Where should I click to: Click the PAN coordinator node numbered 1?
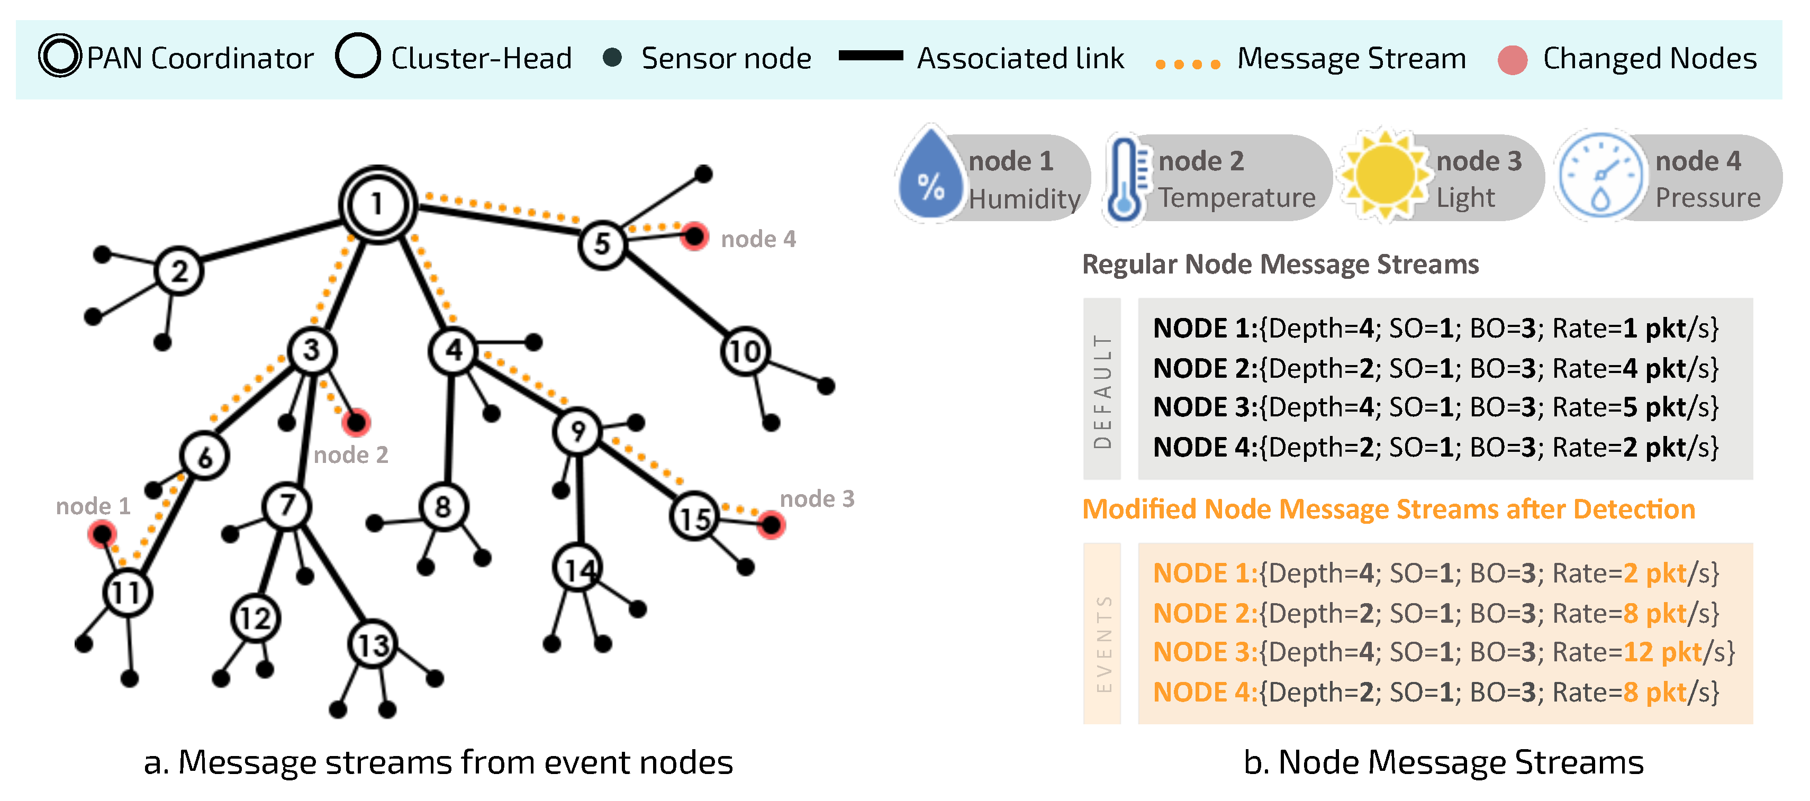377,204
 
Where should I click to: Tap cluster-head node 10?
745,351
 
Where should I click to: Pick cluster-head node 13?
373,644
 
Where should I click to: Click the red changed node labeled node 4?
694,237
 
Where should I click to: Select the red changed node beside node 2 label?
356,422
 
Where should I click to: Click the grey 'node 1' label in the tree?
94,506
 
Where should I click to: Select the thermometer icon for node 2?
1126,180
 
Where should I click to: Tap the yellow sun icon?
1384,176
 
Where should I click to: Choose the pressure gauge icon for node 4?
1600,176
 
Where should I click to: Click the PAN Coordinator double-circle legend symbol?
60,56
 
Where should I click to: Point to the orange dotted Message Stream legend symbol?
1188,64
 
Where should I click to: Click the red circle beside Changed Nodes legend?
1512,60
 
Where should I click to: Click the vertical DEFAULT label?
1102,390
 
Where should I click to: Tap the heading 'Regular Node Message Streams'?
1280,264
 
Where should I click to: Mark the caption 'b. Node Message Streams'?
1443,762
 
